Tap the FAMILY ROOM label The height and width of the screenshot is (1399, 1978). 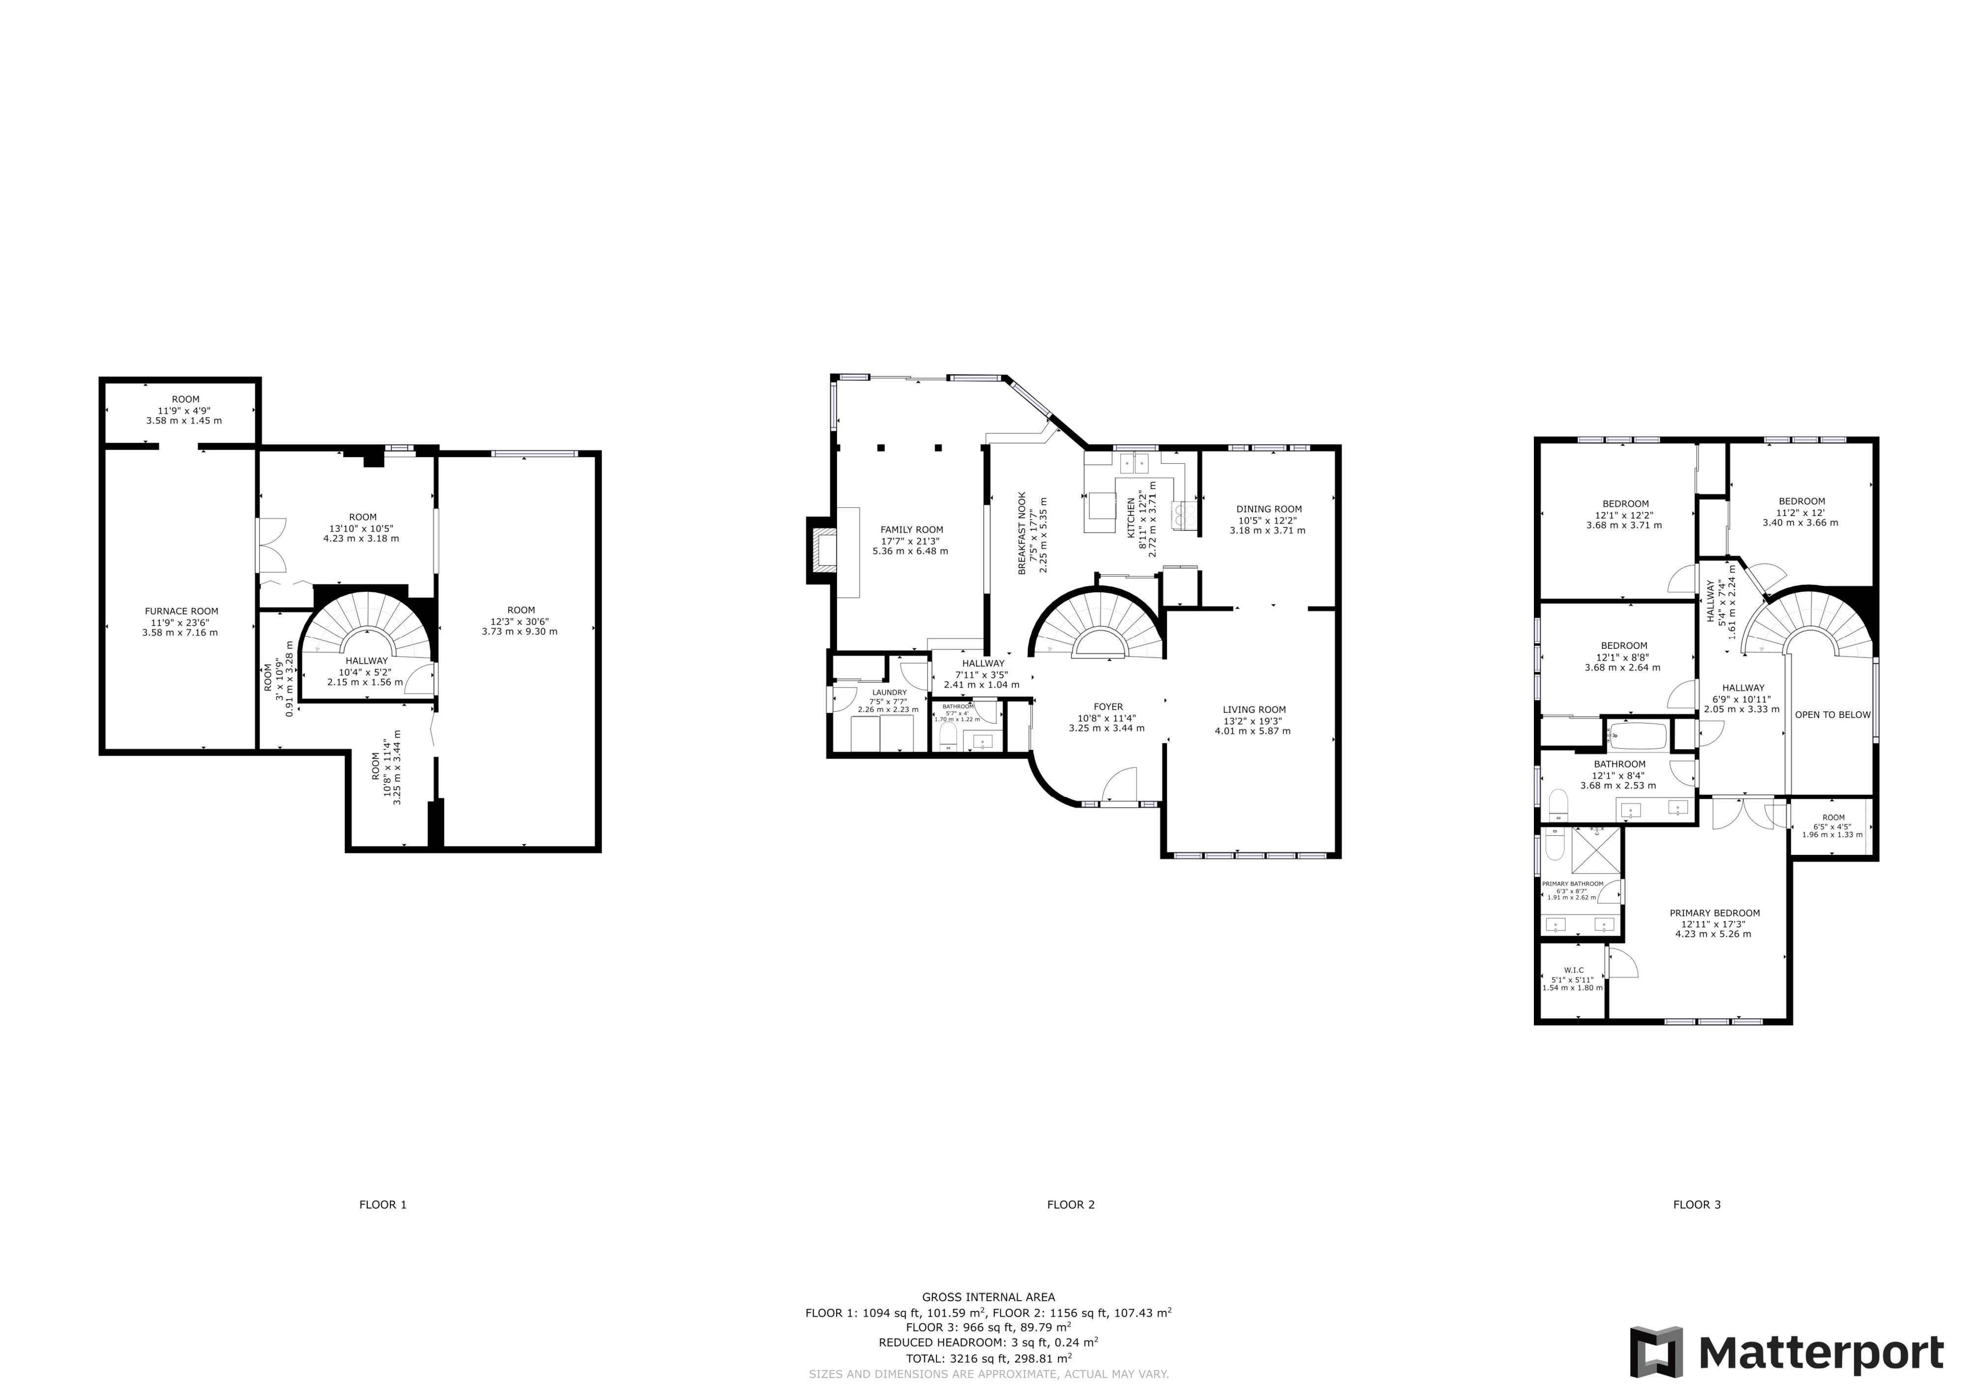911,530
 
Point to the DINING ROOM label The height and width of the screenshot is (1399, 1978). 1269,509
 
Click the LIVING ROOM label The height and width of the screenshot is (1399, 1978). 1255,710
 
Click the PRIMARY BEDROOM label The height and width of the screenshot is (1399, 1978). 1714,913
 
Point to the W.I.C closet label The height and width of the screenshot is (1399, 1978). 1574,970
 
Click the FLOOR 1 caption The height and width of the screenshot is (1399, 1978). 383,1204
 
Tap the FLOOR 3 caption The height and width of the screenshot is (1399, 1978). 1696,1204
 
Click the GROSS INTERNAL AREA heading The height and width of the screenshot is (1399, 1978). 988,1297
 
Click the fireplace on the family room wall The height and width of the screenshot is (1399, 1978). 821,550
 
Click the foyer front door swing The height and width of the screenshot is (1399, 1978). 1120,786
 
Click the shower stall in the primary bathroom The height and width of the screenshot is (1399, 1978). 1596,852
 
